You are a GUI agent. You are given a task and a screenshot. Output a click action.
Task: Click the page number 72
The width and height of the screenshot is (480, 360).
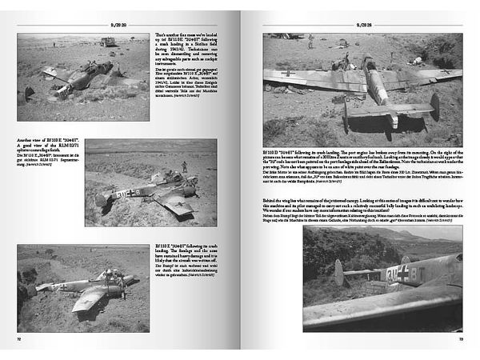click(x=18, y=339)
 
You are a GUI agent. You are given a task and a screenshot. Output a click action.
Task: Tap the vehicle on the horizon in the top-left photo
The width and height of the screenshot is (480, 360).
click(x=107, y=42)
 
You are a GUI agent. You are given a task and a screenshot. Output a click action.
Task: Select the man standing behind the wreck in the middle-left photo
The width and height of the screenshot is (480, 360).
click(x=184, y=166)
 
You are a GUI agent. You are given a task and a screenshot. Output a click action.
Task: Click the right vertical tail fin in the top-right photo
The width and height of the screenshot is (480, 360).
click(x=434, y=106)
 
